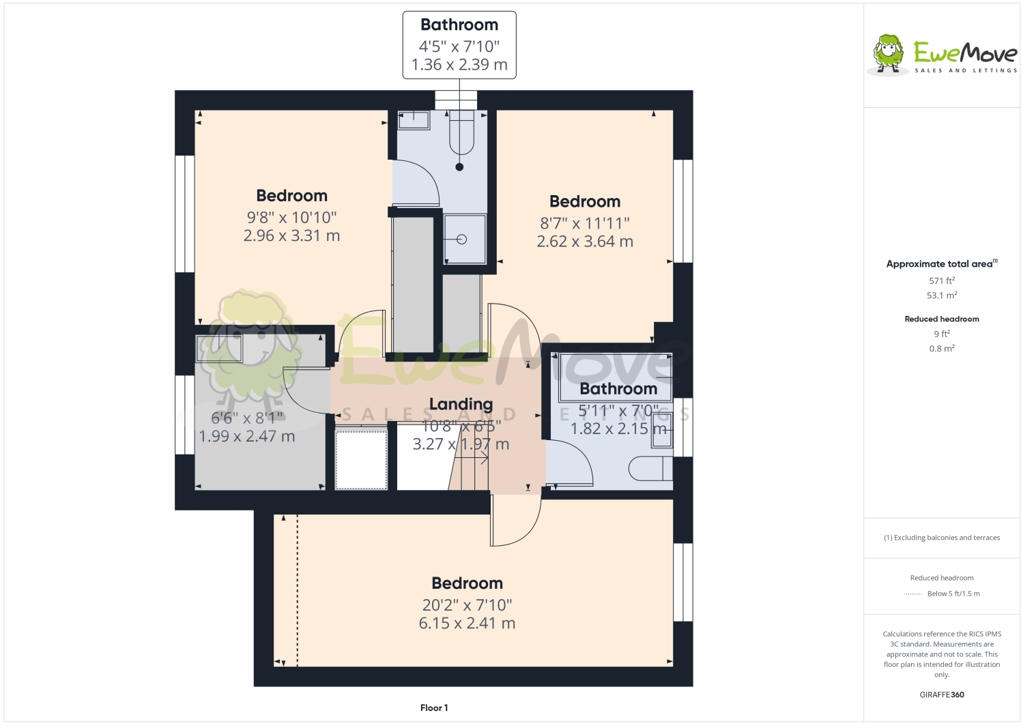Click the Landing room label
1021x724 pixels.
pos(461,404)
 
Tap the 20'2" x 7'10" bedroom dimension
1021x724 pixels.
pos(467,605)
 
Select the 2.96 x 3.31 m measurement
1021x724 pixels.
pos(291,235)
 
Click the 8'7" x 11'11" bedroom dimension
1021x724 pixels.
pos(585,223)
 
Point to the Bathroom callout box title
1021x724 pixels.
pos(459,25)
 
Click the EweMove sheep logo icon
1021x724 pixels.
pos(888,53)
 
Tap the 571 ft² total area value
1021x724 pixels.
pos(941,280)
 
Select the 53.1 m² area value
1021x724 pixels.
pos(941,295)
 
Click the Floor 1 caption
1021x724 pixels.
pos(434,708)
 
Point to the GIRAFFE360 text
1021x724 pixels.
pos(941,695)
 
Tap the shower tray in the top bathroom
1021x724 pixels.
pos(464,239)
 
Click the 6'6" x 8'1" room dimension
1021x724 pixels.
pos(246,418)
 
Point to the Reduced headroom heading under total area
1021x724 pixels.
pos(941,319)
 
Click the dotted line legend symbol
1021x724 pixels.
pos(912,594)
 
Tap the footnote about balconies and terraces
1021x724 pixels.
pos(941,538)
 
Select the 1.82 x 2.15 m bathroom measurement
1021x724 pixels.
pos(618,429)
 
